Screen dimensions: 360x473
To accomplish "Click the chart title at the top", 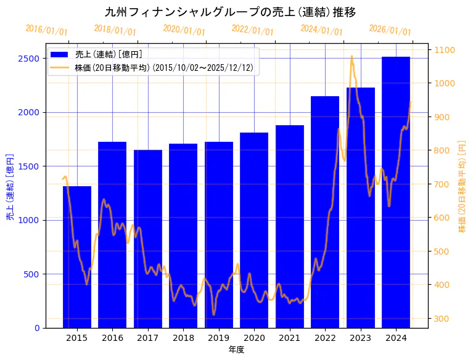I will coord(230,12).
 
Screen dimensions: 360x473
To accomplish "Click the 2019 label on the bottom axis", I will coord(219,338).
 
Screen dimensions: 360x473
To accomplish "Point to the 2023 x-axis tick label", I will coord(361,338).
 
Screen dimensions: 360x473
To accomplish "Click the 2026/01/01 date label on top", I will coord(390,30).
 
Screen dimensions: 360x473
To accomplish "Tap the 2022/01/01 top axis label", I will coord(252,30).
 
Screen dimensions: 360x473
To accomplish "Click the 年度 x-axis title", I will coord(236,350).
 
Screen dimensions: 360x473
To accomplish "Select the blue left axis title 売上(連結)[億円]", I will coord(10,186).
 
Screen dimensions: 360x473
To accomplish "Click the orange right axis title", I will coord(462,186).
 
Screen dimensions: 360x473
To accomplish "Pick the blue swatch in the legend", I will coord(60,54).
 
